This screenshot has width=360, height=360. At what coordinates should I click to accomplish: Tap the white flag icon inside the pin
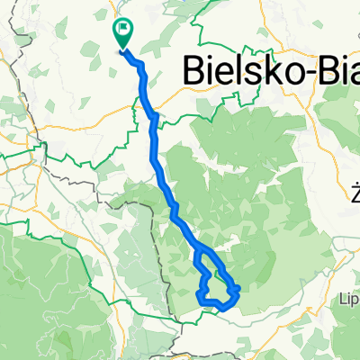point(122,31)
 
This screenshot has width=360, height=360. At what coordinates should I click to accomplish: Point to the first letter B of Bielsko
point(195,69)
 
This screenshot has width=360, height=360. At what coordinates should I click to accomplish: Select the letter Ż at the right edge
point(355,192)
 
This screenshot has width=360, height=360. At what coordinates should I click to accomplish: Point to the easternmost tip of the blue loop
point(238,288)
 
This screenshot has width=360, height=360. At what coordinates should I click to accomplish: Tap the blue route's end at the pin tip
point(122,49)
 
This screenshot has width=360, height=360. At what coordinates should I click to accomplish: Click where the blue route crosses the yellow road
point(154,115)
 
